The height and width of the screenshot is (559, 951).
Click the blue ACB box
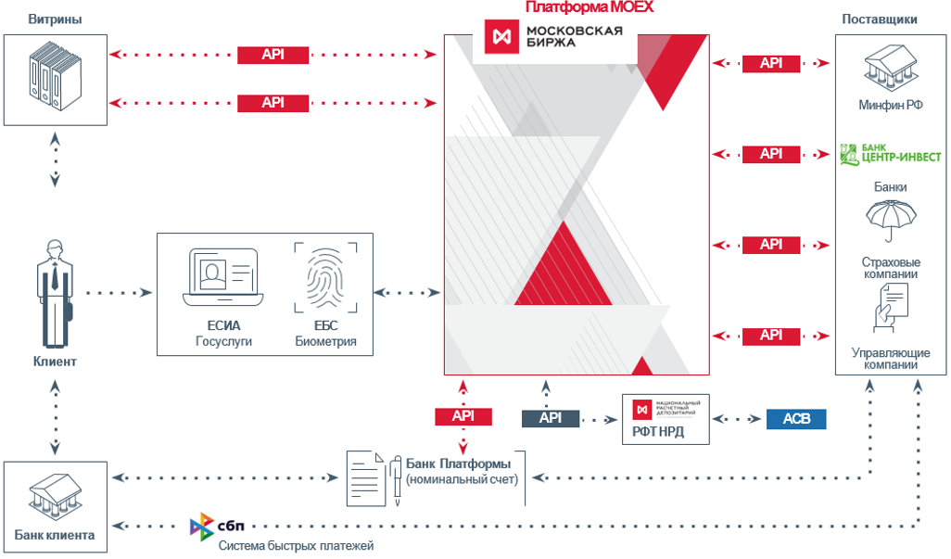pos(795,418)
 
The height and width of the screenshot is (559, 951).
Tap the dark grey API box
pos(551,418)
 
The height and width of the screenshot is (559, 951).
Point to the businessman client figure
pos(55,293)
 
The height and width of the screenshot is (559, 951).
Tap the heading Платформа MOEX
pos(590,7)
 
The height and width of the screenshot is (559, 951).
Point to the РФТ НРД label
pos(659,432)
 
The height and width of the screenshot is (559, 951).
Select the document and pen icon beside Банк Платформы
pos(373,477)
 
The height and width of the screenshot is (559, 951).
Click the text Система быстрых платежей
pos(296,546)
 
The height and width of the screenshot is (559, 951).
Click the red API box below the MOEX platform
pos(463,417)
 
